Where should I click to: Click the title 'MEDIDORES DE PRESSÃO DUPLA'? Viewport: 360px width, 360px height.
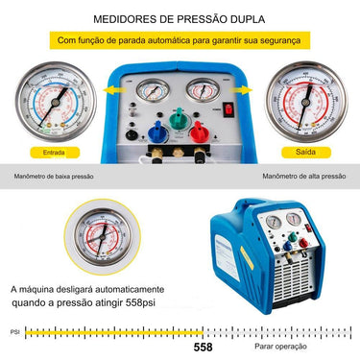(180, 18)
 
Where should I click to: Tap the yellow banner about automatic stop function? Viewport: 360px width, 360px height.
(180, 41)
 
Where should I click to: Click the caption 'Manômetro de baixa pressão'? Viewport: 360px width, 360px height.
(54, 177)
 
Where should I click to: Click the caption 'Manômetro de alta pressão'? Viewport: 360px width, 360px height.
(302, 177)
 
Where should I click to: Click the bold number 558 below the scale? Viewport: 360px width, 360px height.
(203, 348)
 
